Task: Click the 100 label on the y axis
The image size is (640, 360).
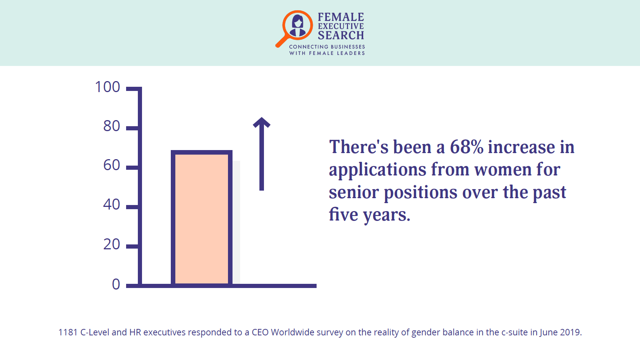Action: (x=108, y=87)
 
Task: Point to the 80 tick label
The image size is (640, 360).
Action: (x=112, y=126)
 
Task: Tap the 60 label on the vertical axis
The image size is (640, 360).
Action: (x=112, y=165)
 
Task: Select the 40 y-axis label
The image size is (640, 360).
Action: (x=112, y=205)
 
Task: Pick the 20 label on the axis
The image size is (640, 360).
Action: (x=112, y=244)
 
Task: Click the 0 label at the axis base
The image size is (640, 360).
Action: (x=116, y=285)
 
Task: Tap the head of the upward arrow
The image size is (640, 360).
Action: (x=261, y=122)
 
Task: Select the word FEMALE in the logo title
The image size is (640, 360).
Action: (x=341, y=17)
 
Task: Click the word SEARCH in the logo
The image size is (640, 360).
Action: (x=341, y=36)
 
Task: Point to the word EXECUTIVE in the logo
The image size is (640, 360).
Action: (x=341, y=26)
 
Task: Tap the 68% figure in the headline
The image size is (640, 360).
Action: (x=467, y=147)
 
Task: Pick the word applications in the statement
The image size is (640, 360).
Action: (x=378, y=171)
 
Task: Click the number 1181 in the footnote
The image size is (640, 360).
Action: (x=68, y=332)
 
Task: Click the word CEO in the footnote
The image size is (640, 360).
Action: (x=260, y=332)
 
